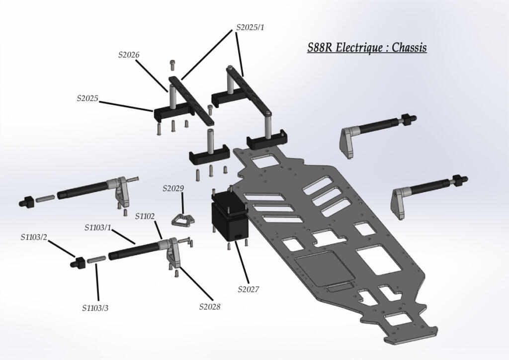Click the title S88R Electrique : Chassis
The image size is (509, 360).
tap(367, 48)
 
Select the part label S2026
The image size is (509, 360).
tap(129, 55)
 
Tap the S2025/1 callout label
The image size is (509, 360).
tap(250, 27)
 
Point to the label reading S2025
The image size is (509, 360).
tap(87, 98)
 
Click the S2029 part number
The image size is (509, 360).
tap(173, 188)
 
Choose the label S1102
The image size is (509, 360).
tap(145, 216)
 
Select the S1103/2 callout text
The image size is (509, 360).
tap(34, 237)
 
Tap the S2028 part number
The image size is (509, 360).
tap(210, 306)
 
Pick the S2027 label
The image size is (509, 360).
tap(249, 289)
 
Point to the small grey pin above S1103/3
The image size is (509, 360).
tap(96, 259)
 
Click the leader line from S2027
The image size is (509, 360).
tap(242, 264)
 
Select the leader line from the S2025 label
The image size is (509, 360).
tap(126, 106)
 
